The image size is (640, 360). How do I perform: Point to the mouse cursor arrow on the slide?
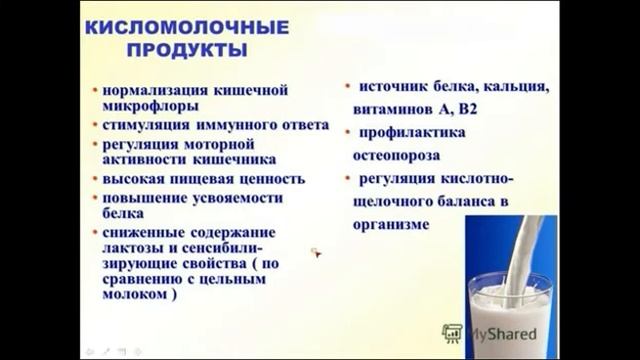315,254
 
